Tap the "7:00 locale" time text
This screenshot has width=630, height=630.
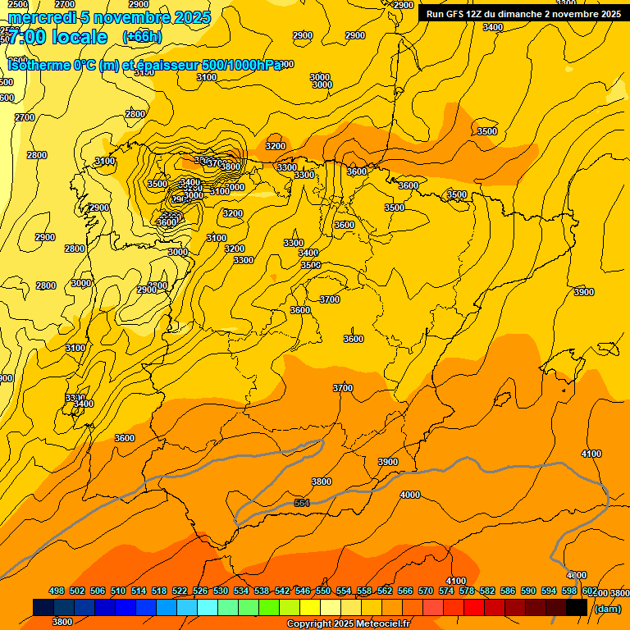(x=57, y=37)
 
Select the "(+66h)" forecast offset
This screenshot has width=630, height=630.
(x=142, y=37)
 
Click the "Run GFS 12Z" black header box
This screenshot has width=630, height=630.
(x=523, y=13)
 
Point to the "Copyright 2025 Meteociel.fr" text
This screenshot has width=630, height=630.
(x=348, y=624)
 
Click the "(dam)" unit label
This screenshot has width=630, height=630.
(x=606, y=608)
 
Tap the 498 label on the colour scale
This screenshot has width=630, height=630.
(x=57, y=591)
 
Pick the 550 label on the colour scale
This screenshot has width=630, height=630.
(x=323, y=591)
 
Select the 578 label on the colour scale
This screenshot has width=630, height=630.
(x=467, y=591)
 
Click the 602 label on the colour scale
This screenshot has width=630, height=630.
(x=590, y=591)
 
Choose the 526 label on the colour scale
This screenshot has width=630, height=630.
(x=200, y=591)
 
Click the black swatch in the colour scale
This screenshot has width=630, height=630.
(x=577, y=608)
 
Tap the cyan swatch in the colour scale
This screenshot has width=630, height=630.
(x=208, y=608)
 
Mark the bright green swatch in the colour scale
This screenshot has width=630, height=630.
(x=269, y=608)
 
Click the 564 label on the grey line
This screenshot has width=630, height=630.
(x=302, y=503)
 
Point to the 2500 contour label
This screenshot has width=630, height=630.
(x=17, y=5)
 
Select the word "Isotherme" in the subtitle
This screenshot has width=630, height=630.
(x=40, y=66)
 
